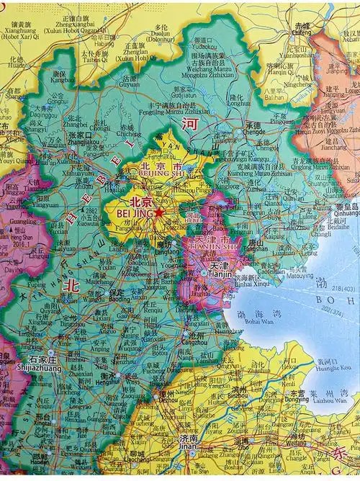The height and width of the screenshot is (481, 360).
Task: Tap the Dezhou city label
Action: click(166, 397)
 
